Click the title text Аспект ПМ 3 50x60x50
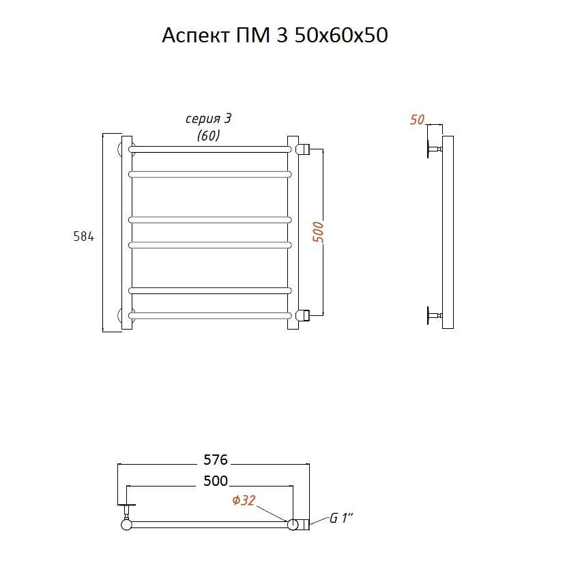[x=275, y=35]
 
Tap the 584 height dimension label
[x=84, y=236]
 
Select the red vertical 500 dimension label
[x=318, y=232]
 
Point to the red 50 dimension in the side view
[x=417, y=119]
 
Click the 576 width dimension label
[x=216, y=460]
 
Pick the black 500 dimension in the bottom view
[x=216, y=481]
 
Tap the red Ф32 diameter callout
[x=244, y=500]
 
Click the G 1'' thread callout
[x=341, y=518]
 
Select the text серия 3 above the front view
[x=208, y=119]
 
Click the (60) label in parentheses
[x=208, y=135]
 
